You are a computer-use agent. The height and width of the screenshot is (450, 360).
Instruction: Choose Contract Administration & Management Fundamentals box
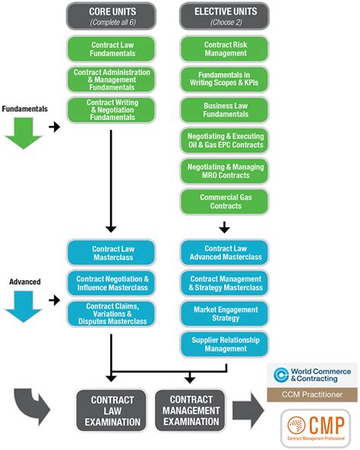111,80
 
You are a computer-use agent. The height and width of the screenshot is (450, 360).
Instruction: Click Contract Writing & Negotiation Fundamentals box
111,109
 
